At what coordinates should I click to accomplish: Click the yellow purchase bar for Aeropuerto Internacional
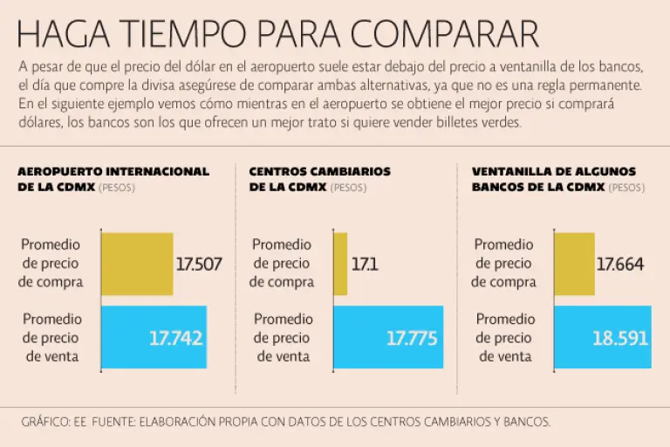pos(137,263)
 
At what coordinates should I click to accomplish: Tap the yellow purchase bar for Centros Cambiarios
pos(340,263)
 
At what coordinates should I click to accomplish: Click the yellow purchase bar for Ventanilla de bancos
pos(574,263)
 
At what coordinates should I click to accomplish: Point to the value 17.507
pos(198,264)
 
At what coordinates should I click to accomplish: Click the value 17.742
pos(175,338)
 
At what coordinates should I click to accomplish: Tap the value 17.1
pos(365,264)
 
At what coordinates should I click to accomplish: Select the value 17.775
pos(412,338)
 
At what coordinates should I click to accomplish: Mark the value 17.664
pos(620,264)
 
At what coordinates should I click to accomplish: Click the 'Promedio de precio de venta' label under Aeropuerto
pos(52,338)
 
